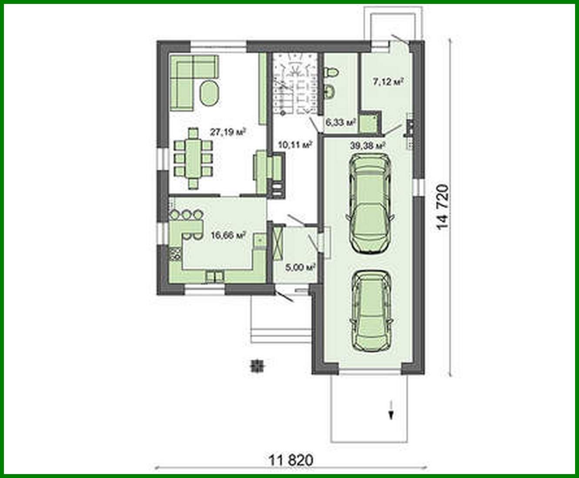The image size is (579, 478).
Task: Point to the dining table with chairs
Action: [x=193, y=158]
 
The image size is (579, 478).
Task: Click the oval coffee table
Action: [x=210, y=93]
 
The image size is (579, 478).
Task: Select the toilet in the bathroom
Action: [x=331, y=72]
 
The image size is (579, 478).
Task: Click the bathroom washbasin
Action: [x=330, y=91]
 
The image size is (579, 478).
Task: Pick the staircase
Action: [x=294, y=85]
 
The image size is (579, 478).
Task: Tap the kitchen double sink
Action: [x=214, y=276]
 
